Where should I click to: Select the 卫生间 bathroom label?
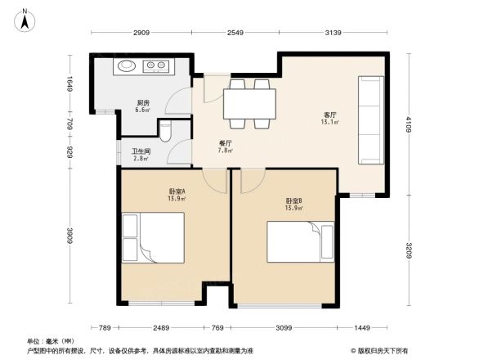pos(142,154)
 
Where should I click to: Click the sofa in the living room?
pos(370,119)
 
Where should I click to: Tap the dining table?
pos(250,104)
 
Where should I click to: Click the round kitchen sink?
pos(128,66)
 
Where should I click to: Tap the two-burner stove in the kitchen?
pos(158,66)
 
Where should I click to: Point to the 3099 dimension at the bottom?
pos(284,328)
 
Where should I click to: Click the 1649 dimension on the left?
pos(71,85)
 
